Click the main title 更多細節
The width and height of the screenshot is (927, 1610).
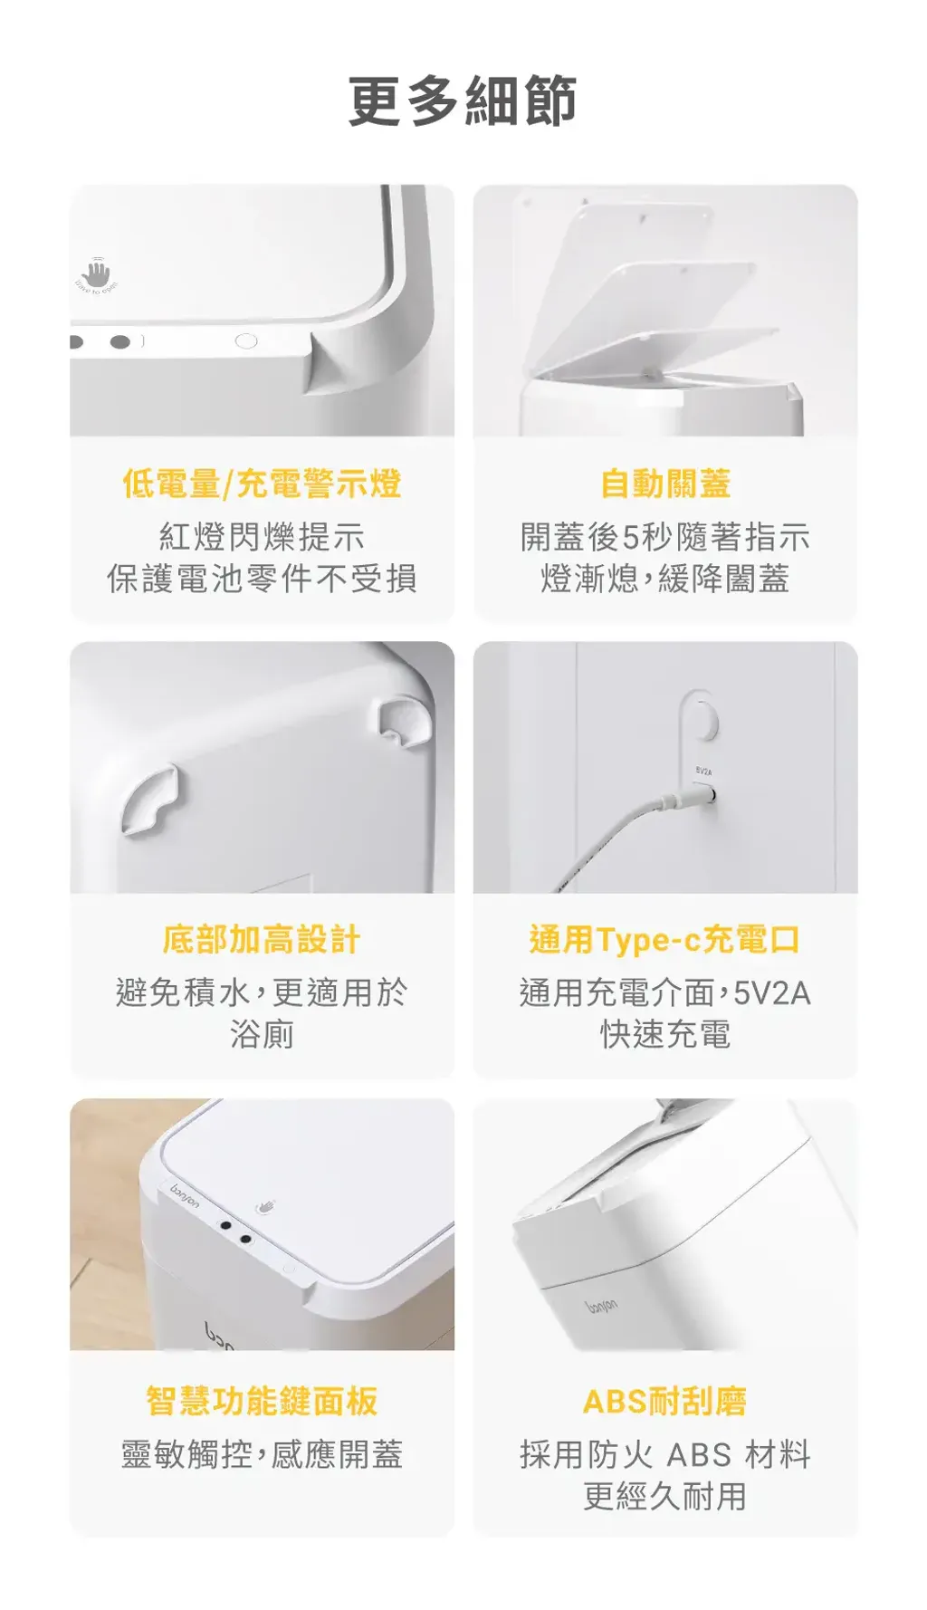click(463, 101)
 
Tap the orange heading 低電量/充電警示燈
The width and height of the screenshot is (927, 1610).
click(262, 484)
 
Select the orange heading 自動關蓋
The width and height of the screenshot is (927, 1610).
click(665, 484)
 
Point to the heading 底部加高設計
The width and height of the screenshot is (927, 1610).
click(262, 940)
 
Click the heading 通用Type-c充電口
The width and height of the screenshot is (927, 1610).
click(665, 940)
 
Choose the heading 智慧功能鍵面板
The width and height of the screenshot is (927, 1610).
click(262, 1401)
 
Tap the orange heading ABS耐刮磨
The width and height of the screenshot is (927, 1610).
click(665, 1401)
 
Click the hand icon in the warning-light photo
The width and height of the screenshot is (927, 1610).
click(96, 273)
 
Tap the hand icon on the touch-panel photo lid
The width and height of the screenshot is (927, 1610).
click(265, 1206)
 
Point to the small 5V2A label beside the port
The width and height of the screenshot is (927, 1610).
click(703, 771)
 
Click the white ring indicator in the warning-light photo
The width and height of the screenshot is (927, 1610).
click(245, 341)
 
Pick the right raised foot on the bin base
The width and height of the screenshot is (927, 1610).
click(405, 722)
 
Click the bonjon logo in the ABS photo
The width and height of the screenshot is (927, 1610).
click(601, 1305)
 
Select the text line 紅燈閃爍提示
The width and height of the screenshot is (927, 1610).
click(262, 537)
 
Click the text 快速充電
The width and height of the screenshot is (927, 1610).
click(665, 1034)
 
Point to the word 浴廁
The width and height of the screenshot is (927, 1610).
click(262, 1034)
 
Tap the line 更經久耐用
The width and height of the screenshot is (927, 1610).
click(665, 1496)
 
